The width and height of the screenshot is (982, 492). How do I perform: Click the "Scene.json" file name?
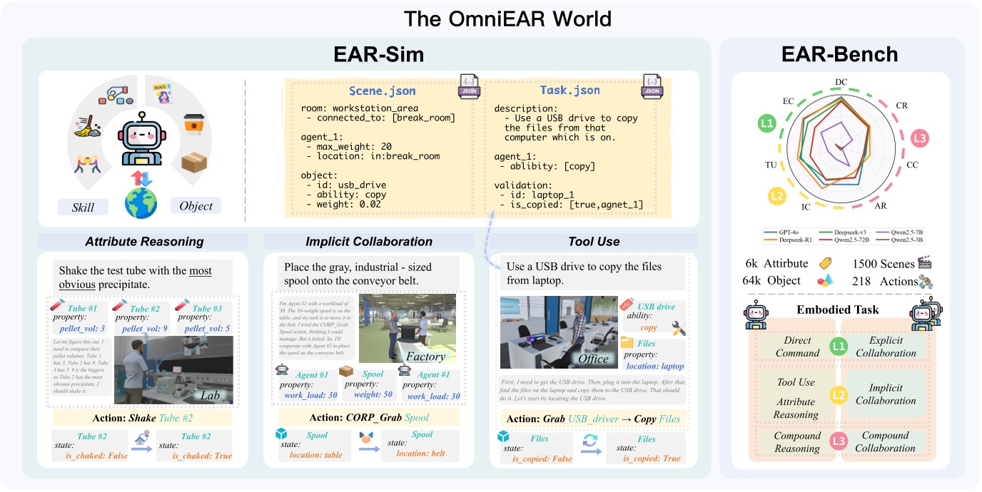(383, 91)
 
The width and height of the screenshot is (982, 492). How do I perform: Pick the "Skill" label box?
(83, 207)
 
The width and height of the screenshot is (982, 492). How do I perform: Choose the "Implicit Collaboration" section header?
(368, 242)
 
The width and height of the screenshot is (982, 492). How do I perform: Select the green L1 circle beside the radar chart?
(767, 124)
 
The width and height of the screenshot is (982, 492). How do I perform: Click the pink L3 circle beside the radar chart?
(920, 138)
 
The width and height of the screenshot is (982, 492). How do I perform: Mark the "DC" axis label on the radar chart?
(842, 82)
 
